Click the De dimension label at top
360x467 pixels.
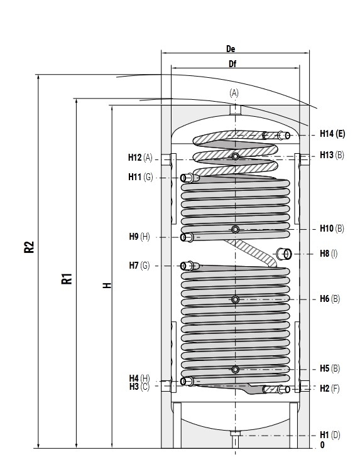pyautogui.click(x=231, y=49)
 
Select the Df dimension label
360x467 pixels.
pyautogui.click(x=232, y=64)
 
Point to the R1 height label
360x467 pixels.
pyautogui.click(x=67, y=278)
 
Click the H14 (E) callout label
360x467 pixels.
pyautogui.click(x=332, y=134)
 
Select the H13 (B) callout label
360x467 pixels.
pyautogui.click(x=332, y=155)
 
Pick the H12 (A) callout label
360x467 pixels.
pyautogui.click(x=140, y=158)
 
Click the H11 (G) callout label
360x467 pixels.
pyautogui.click(x=141, y=177)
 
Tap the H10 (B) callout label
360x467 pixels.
pyautogui.click(x=332, y=228)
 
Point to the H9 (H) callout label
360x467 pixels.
pyautogui.click(x=139, y=237)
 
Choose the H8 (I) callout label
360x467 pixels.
pyautogui.click(x=329, y=254)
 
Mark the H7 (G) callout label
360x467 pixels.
pyautogui.click(x=139, y=265)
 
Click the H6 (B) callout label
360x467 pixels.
pyautogui.click(x=330, y=298)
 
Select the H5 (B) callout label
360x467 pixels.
pyautogui.click(x=330, y=368)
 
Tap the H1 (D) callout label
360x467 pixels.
pyautogui.click(x=330, y=435)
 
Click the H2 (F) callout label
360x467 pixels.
pyautogui.click(x=330, y=389)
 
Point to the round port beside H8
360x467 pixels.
pyautogui.click(x=284, y=254)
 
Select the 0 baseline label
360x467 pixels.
pyautogui.click(x=322, y=445)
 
